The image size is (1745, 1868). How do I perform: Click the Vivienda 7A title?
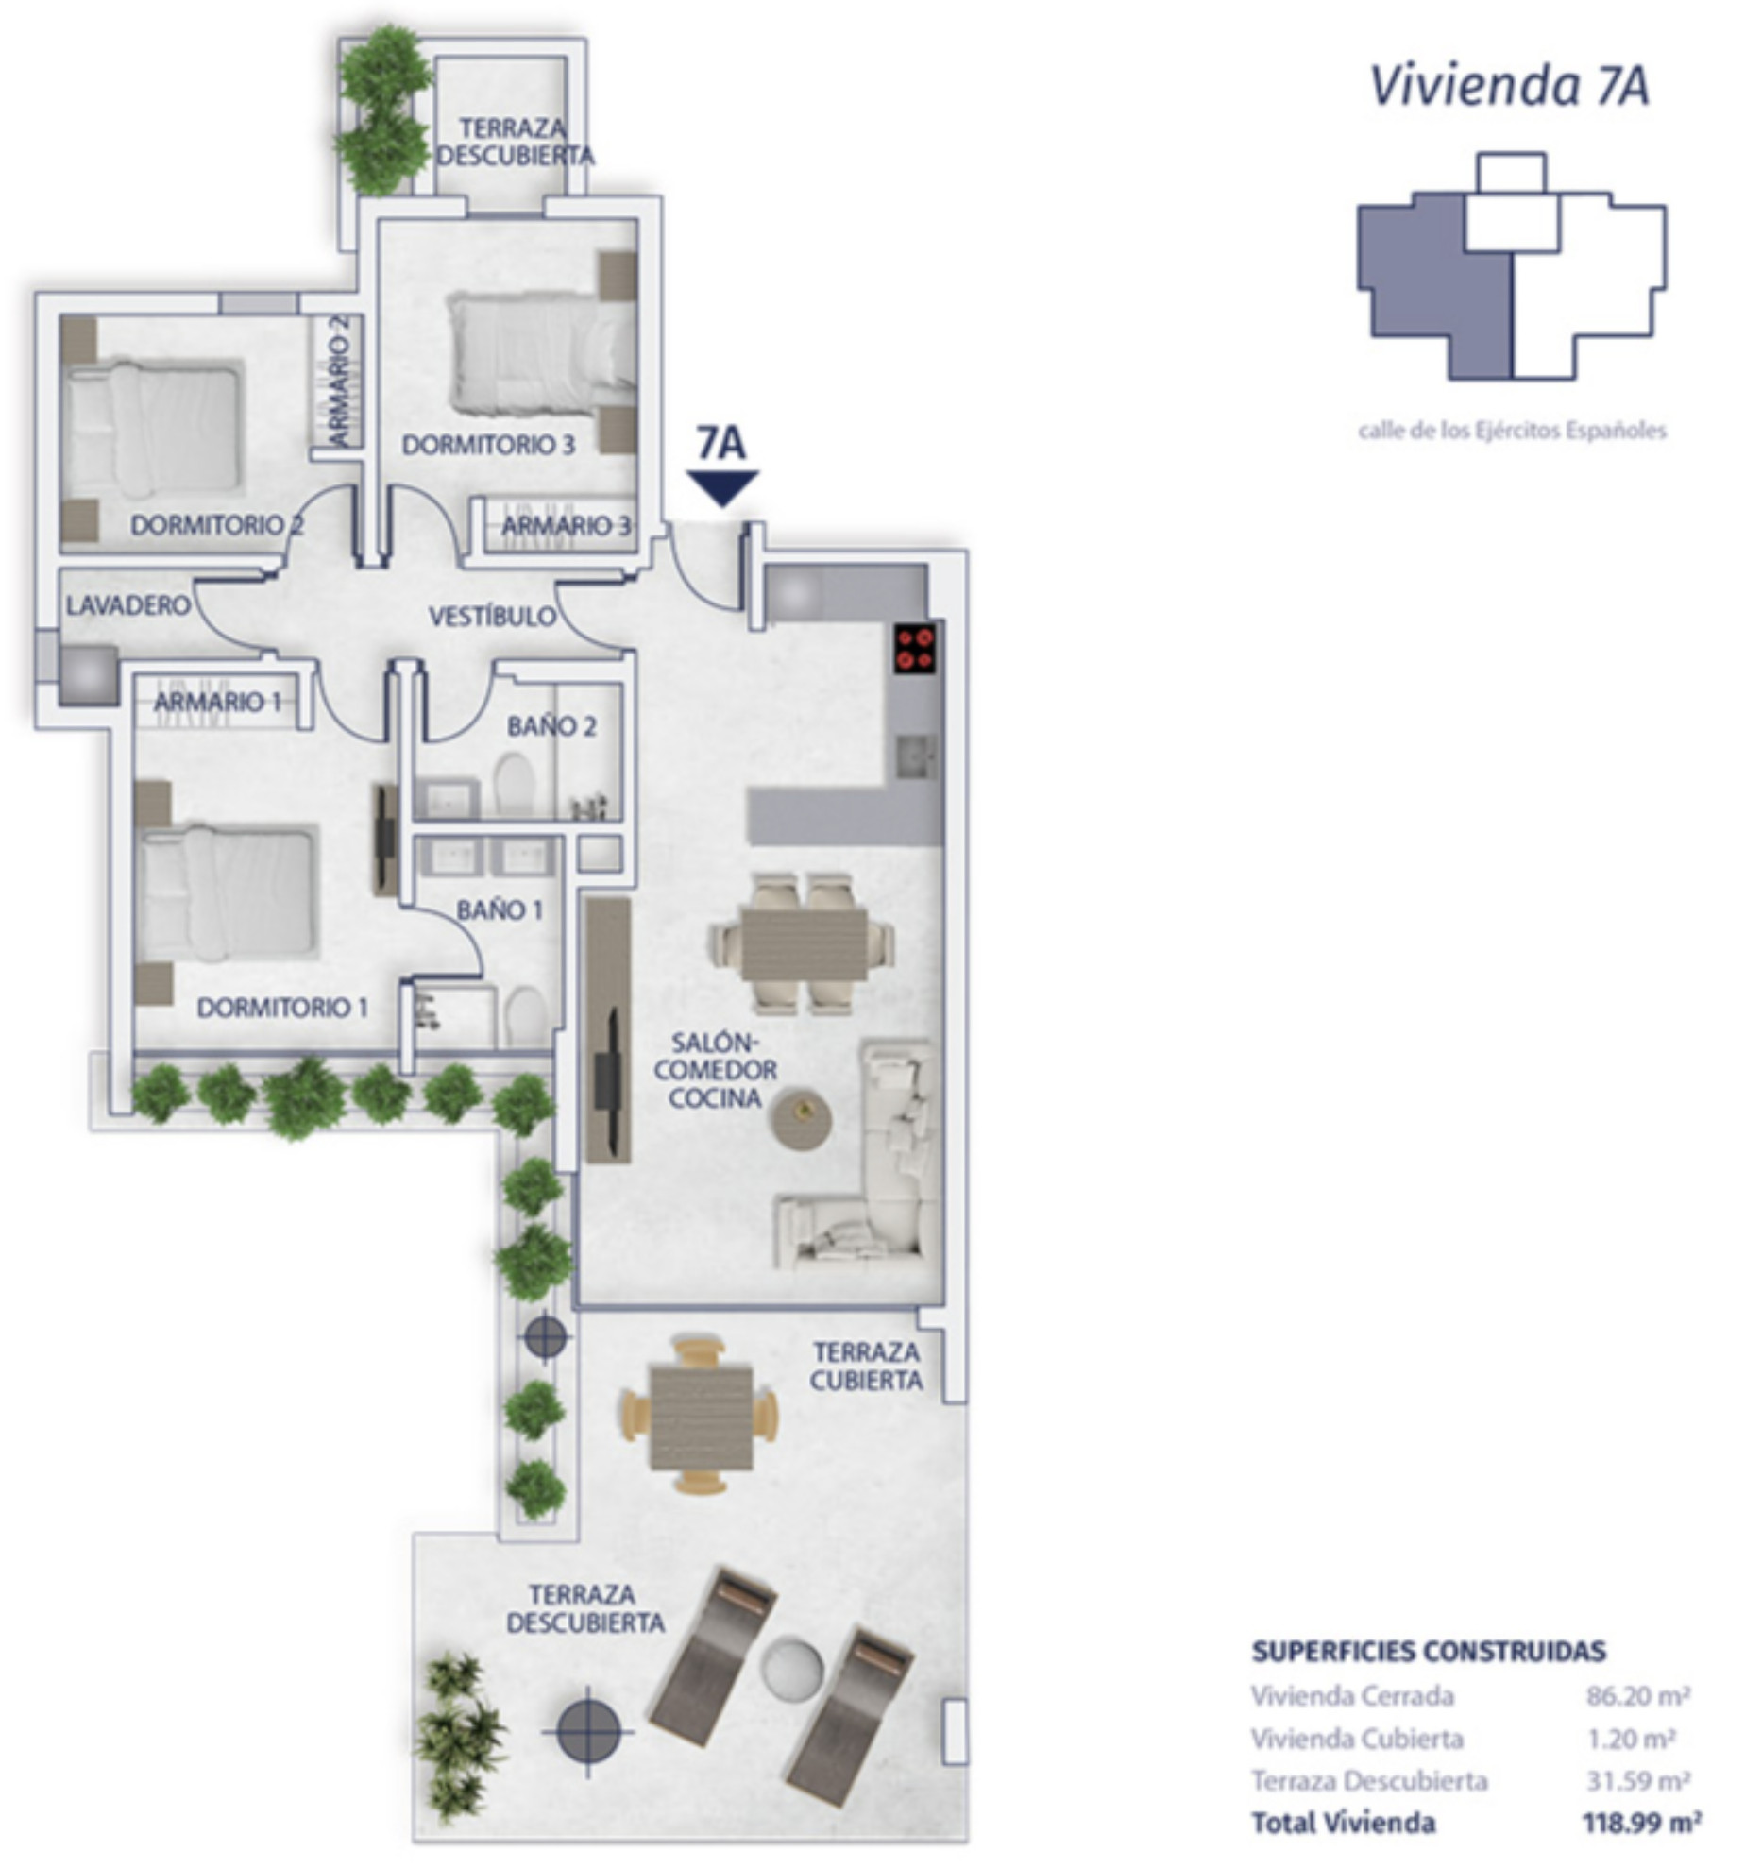[1509, 86]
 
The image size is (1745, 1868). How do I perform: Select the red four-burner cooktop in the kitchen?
[915, 648]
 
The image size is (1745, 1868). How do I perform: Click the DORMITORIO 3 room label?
[488, 445]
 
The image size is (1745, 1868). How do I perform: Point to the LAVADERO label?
[128, 605]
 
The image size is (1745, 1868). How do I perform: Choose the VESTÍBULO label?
[493, 617]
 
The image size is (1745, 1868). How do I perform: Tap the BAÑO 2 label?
[551, 726]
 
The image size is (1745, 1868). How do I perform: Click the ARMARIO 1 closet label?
[217, 702]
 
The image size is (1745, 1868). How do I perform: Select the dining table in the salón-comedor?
[804, 943]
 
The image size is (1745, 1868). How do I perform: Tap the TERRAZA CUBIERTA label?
[866, 1367]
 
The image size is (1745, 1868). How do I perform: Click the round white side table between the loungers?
[791, 1669]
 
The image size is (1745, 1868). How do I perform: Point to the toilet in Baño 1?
[524, 1016]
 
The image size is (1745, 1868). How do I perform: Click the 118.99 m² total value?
[1641, 1822]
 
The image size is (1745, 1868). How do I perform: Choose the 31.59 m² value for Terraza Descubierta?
[1638, 1780]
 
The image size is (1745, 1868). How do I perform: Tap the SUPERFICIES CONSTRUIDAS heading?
[1429, 1651]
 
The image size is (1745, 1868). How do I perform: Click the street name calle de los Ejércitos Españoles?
[1512, 431]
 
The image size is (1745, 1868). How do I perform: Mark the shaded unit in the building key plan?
[1435, 283]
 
